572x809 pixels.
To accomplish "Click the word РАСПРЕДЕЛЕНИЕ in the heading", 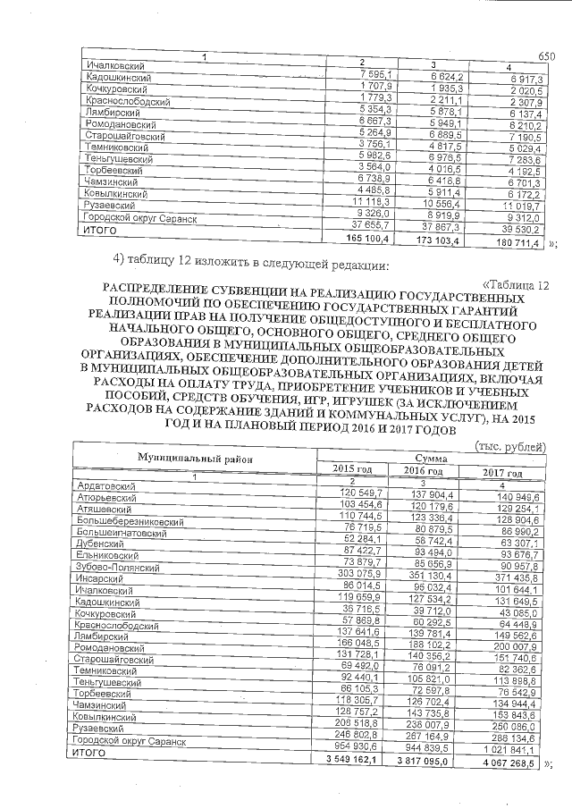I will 158,290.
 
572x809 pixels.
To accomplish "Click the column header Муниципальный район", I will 192,457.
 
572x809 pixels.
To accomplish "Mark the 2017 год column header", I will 501,473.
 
